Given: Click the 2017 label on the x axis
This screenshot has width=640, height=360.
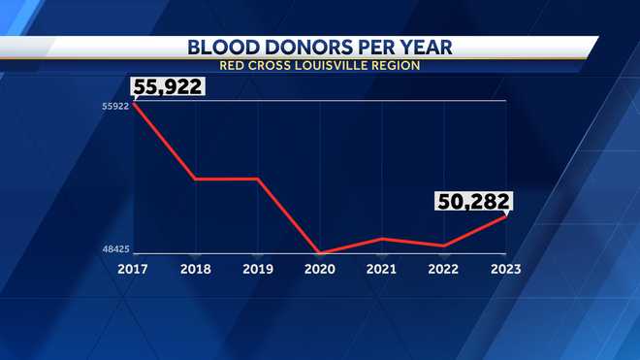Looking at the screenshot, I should (134, 269).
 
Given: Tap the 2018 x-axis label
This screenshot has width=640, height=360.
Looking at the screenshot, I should (195, 269).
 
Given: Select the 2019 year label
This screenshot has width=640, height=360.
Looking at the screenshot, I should (257, 269).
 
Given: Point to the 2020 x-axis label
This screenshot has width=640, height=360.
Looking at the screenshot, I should (321, 269).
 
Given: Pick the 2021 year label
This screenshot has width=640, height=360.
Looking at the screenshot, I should (383, 269).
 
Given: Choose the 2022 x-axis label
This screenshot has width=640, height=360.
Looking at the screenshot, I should (444, 269).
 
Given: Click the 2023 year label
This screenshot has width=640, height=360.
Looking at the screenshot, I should (506, 269).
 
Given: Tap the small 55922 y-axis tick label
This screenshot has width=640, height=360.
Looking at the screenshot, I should (115, 106).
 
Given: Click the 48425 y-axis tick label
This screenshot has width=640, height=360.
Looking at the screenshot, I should (115, 249).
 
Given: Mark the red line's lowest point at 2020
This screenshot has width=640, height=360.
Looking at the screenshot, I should (321, 253).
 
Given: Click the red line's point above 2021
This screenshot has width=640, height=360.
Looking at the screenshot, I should (383, 239).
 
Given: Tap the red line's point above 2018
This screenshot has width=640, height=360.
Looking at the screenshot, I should (195, 179).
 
